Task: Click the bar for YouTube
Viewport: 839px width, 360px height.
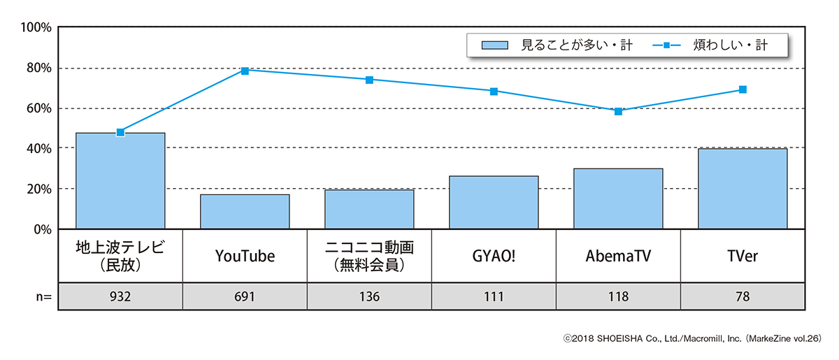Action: [245, 211]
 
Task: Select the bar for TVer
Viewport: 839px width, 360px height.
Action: [743, 189]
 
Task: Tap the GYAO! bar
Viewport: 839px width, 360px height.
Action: [494, 202]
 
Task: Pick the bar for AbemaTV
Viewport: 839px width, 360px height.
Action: [618, 199]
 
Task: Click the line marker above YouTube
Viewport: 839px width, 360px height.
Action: [245, 71]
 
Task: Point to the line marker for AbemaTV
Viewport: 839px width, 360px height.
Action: [618, 111]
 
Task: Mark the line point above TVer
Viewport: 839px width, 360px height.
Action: [743, 89]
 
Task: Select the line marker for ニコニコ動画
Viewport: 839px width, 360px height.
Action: [369, 80]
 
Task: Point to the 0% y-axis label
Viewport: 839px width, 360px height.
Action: [41, 229]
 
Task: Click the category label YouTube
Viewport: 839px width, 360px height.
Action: [245, 256]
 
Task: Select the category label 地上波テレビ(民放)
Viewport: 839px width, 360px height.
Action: [120, 256]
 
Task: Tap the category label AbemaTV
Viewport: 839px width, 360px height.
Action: [618, 256]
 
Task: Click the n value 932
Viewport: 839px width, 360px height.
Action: [120, 296]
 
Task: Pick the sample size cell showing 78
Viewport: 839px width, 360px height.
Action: [743, 296]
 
